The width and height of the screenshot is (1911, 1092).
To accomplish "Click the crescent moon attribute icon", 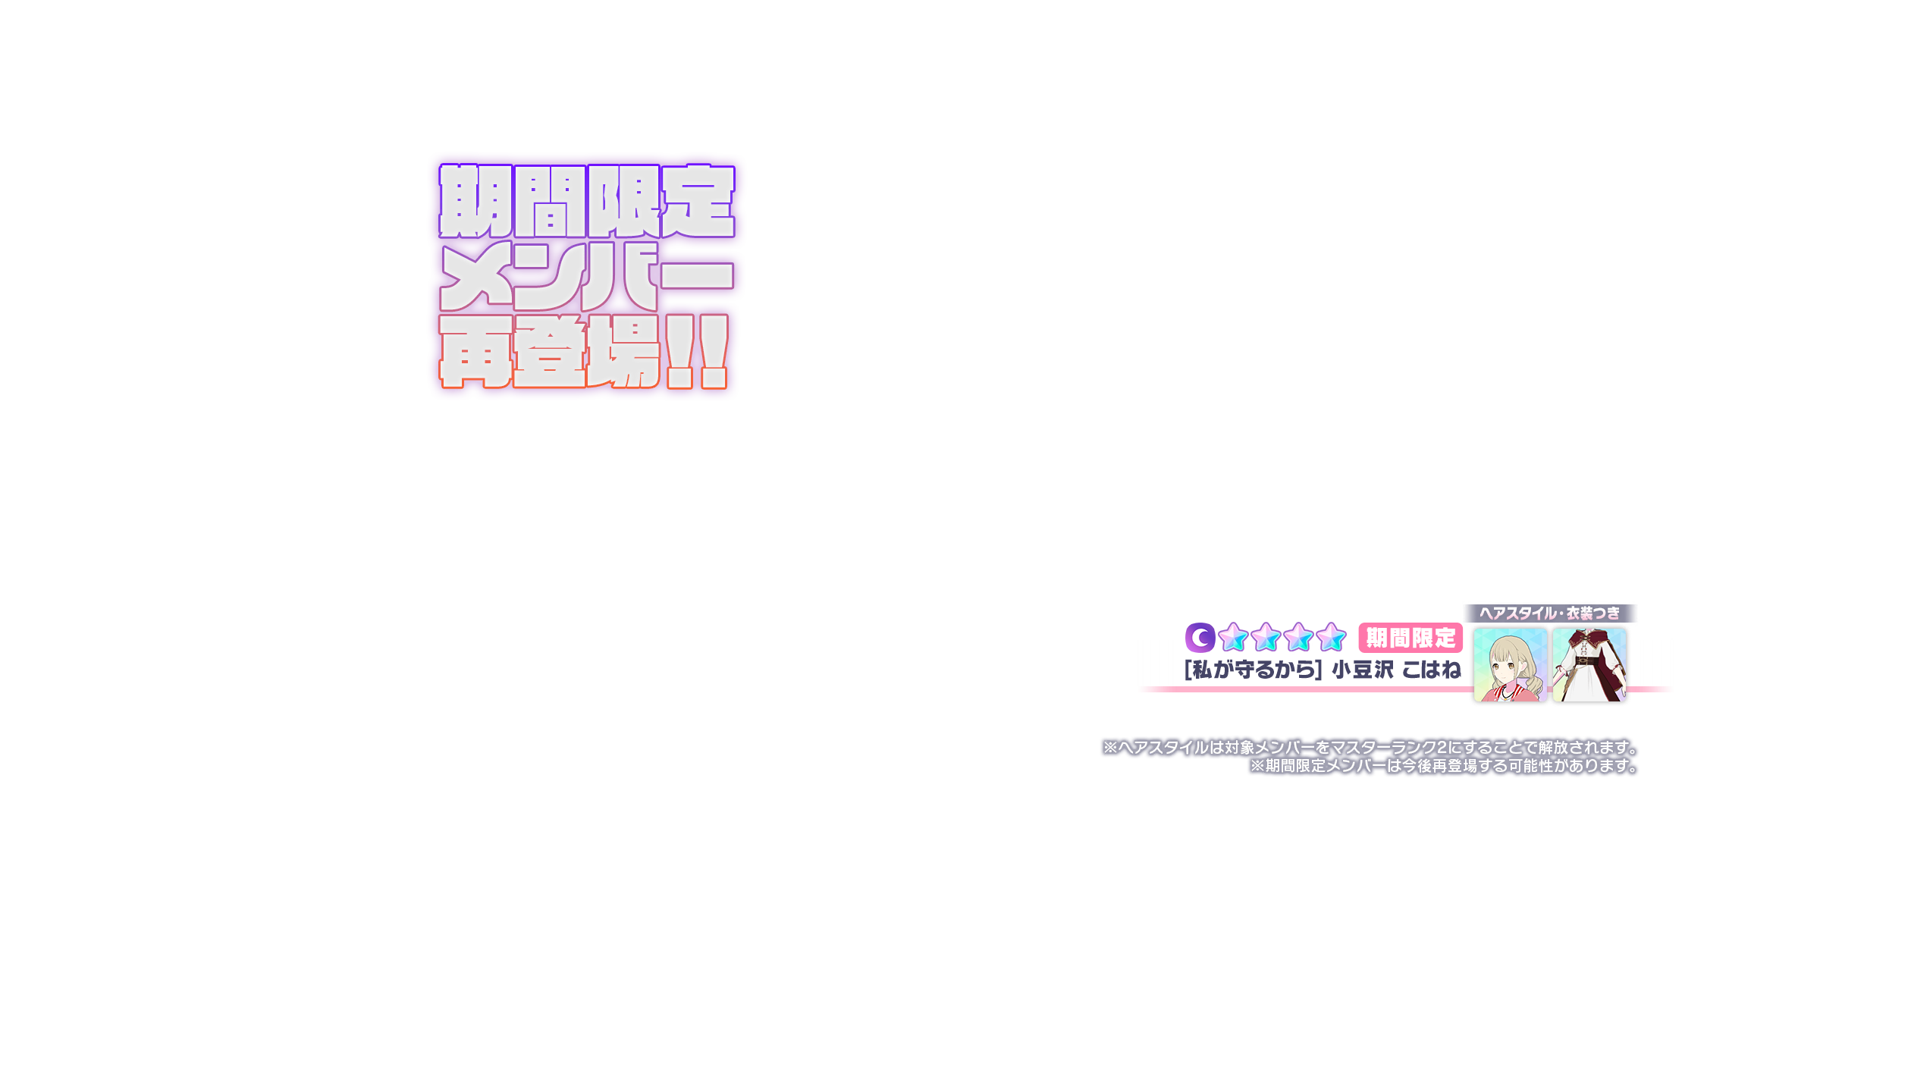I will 1200,638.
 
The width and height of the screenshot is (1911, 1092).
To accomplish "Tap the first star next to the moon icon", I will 1234,638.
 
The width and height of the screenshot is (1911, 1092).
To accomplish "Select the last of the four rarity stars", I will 1331,638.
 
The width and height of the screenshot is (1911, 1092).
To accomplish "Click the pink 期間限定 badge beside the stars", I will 1410,639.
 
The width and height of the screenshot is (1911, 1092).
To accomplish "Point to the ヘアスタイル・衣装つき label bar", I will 1549,613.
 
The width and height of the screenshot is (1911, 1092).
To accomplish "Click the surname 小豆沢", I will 1363,670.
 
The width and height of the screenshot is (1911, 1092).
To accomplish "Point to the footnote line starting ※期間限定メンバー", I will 1444,766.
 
